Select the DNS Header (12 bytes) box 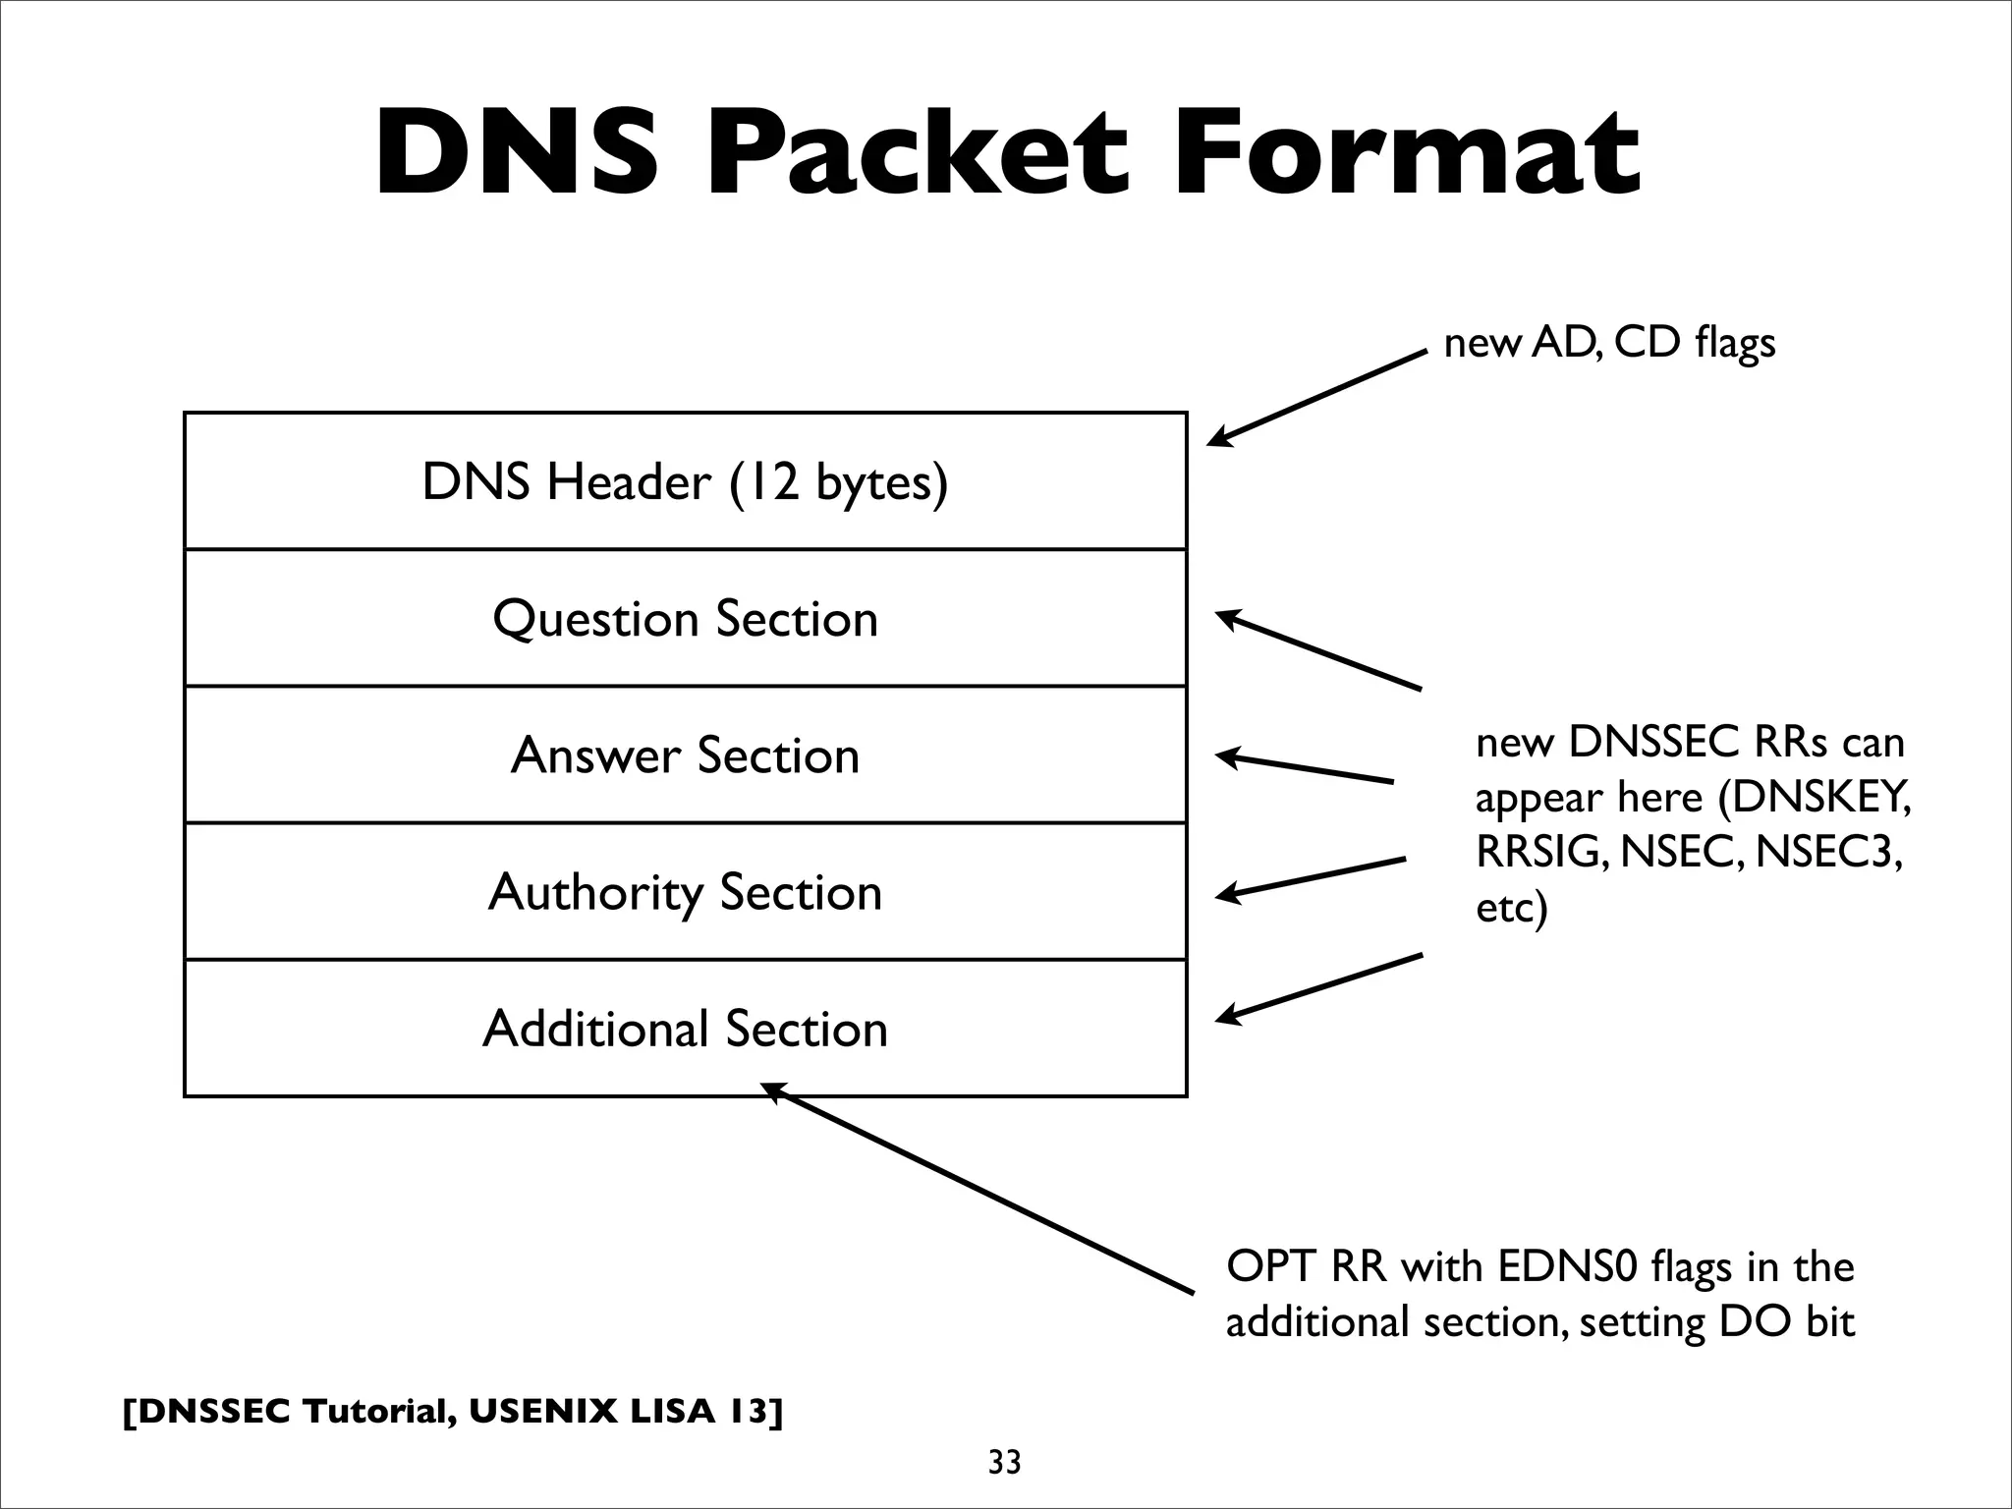(685, 481)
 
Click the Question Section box (685, 618)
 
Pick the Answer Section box (685, 754)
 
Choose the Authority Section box (685, 891)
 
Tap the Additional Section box (685, 1029)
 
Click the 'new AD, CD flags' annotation (1609, 343)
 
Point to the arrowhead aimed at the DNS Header (1218, 438)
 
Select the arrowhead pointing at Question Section (1227, 618)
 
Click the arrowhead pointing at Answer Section (1227, 756)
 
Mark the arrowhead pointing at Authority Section (1227, 893)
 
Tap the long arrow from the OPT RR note (982, 1189)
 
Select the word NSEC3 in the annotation (1828, 852)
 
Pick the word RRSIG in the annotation (1541, 852)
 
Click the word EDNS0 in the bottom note (1569, 1266)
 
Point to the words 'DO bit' (1785, 1322)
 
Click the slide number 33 (1004, 1463)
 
